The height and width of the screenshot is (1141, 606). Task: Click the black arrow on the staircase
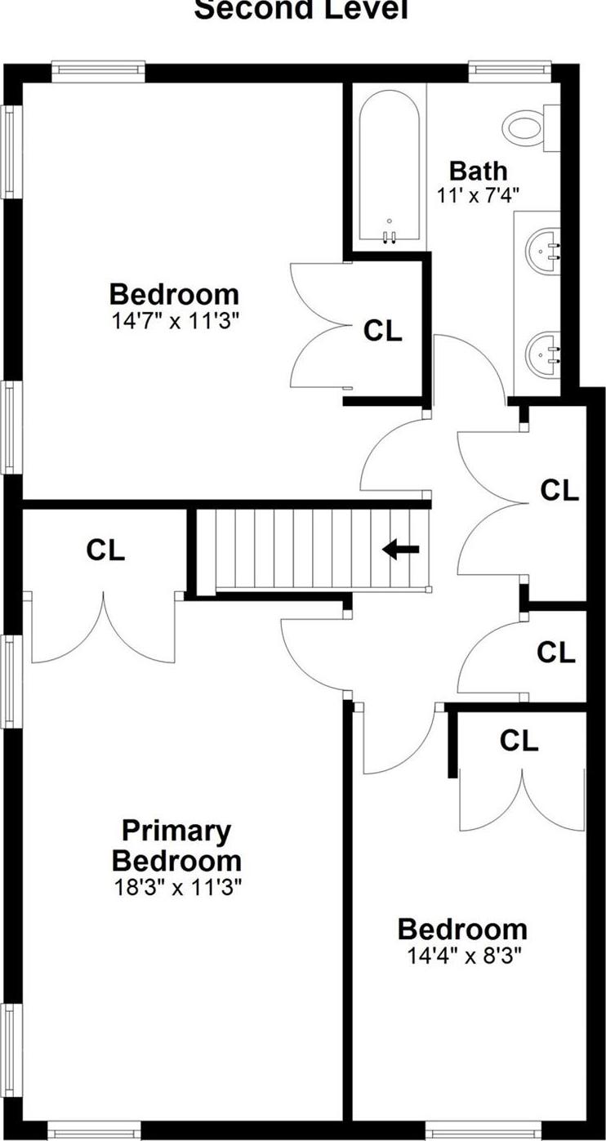(401, 550)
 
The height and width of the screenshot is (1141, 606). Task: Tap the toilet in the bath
(526, 126)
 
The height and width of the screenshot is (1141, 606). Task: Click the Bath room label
(479, 171)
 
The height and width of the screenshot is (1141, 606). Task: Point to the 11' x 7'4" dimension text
(479, 194)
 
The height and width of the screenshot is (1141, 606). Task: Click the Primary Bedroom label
(177, 846)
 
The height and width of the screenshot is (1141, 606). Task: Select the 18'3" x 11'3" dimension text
(177, 886)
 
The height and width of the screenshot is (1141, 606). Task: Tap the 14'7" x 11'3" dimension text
(175, 319)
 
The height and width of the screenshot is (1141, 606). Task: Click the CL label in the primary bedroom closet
(106, 550)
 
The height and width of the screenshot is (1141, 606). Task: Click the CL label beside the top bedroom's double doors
(383, 331)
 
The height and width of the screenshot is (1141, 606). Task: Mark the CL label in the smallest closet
(556, 653)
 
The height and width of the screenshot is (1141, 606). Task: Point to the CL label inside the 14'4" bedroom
(519, 741)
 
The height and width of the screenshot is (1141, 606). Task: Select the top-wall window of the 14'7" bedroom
(98, 71)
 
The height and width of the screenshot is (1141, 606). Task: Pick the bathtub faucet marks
(390, 237)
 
